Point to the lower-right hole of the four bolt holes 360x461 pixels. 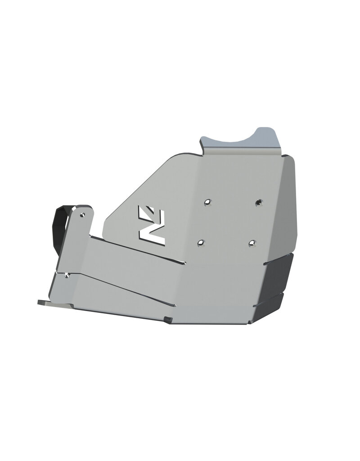pyautogui.click(x=252, y=243)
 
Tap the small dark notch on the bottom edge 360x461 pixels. pyautogui.click(x=168, y=320)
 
